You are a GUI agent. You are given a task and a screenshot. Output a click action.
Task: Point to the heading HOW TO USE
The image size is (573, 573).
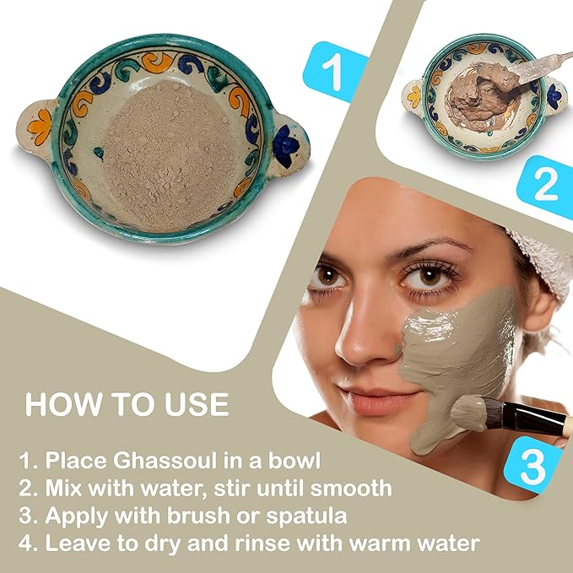click(x=127, y=403)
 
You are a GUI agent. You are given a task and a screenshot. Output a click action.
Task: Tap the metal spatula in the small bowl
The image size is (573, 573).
click(x=541, y=63)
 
